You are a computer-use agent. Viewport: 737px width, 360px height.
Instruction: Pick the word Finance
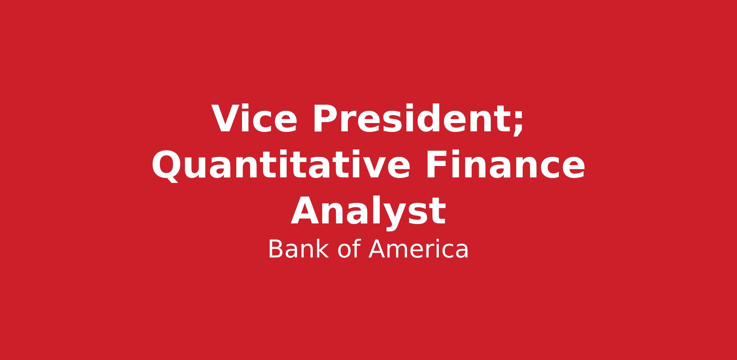click(505, 164)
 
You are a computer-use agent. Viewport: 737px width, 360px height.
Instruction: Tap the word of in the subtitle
click(348, 249)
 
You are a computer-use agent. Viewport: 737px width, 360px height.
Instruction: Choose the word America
click(419, 249)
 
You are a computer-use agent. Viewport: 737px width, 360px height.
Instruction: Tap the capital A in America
click(377, 249)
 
